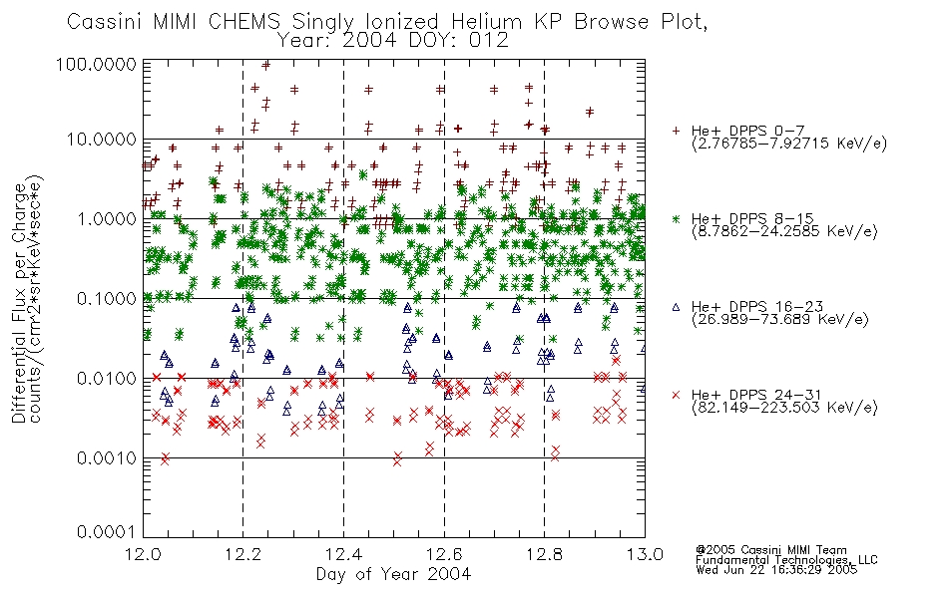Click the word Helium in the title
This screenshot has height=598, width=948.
tap(486, 21)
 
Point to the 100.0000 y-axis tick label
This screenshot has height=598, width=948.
tap(96, 64)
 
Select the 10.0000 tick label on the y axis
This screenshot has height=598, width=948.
tap(102, 140)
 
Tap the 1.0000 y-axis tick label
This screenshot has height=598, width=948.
tap(107, 218)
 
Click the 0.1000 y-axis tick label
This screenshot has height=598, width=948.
tap(107, 298)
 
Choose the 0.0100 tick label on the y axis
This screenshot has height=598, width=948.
tap(107, 378)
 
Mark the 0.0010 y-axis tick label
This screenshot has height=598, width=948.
tap(107, 457)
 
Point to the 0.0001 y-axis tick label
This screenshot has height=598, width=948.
tap(107, 531)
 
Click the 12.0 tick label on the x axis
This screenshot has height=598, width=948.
tap(144, 554)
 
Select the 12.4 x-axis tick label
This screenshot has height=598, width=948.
tap(343, 554)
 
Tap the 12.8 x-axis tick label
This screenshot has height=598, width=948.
tap(544, 554)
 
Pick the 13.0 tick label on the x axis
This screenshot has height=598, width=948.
tap(645, 554)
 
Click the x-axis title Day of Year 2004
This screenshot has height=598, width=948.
tap(393, 574)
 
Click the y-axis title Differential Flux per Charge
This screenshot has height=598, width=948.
tap(19, 303)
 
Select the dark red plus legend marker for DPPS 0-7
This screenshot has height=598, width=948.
tap(676, 131)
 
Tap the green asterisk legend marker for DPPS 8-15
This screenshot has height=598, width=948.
tap(676, 218)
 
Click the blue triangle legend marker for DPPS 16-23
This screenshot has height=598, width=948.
tap(676, 307)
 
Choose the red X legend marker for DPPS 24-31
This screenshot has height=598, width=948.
tap(676, 395)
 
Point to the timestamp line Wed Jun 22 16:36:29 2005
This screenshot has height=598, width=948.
tap(776, 570)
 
